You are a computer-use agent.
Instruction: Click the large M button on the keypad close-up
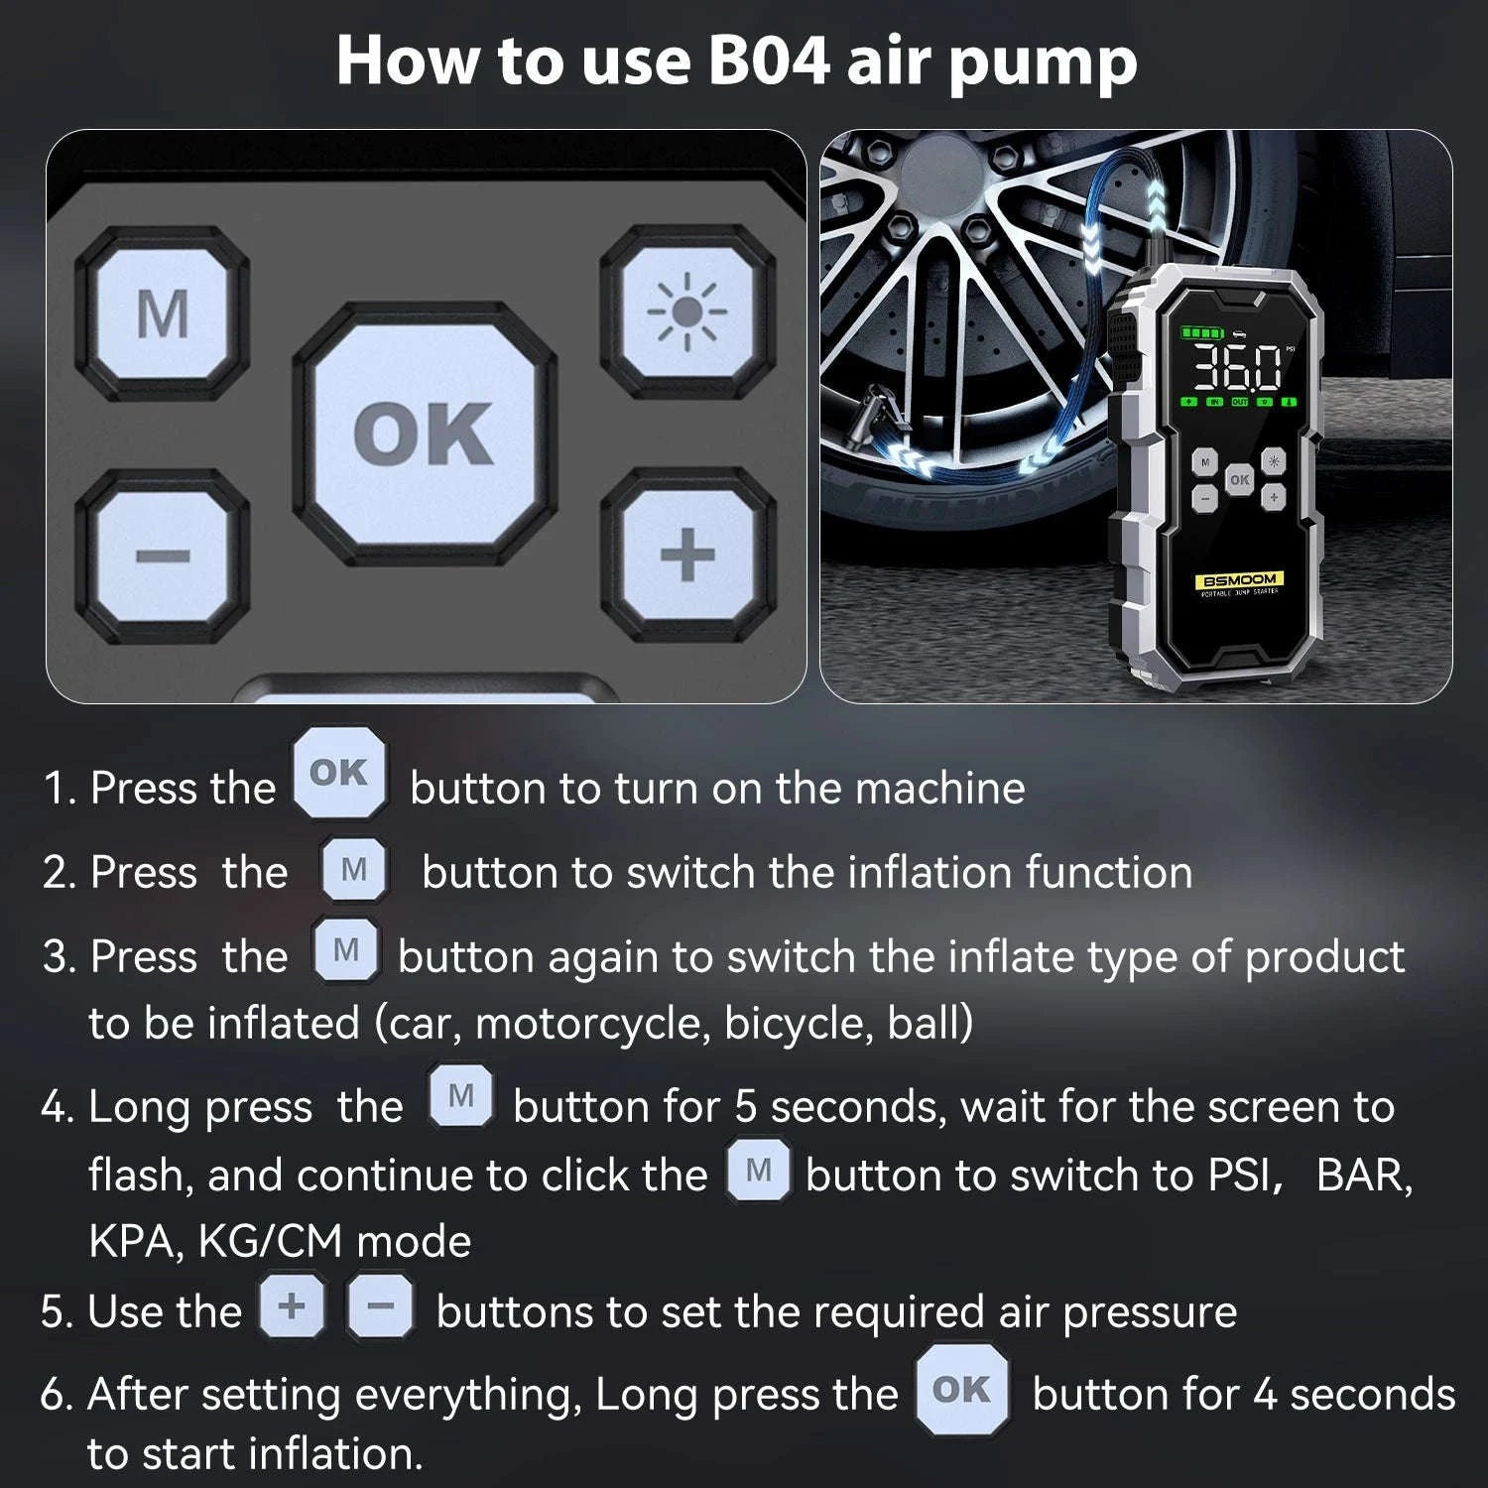[x=162, y=313]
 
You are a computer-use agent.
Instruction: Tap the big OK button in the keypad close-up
[x=424, y=434]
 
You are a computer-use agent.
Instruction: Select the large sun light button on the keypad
[x=685, y=313]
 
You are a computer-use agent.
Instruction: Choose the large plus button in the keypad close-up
[x=686, y=554]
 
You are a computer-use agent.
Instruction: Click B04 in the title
[x=769, y=62]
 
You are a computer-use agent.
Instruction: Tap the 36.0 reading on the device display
[x=1236, y=369]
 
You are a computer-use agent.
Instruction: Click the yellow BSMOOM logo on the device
[x=1239, y=579]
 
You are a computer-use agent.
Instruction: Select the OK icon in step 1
[x=339, y=773]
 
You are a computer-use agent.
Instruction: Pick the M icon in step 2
[x=354, y=870]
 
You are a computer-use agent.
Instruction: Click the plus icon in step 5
[x=292, y=1305]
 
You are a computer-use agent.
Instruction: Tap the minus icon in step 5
[x=380, y=1305]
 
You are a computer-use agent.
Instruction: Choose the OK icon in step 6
[x=961, y=1390]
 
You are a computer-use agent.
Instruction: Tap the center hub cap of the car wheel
[x=941, y=164]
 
